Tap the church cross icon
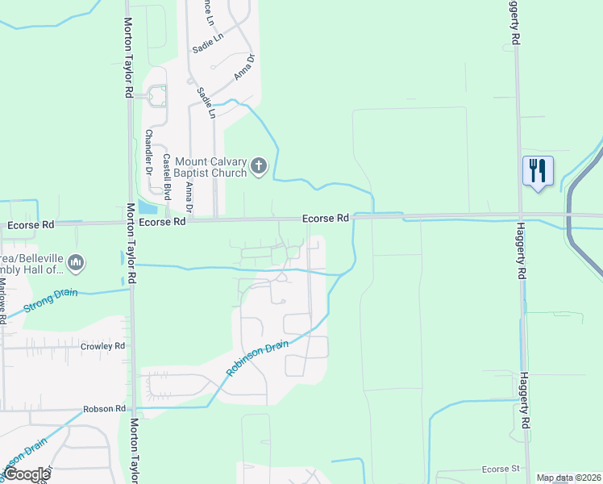click(258, 167)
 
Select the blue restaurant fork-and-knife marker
click(538, 170)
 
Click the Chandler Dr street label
click(148, 152)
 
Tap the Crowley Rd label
click(102, 346)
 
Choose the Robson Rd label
click(105, 409)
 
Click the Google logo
click(26, 474)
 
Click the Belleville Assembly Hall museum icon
click(77, 262)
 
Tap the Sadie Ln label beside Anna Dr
click(207, 102)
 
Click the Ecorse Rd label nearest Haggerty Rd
click(326, 219)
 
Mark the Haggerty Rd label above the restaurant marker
click(513, 22)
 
